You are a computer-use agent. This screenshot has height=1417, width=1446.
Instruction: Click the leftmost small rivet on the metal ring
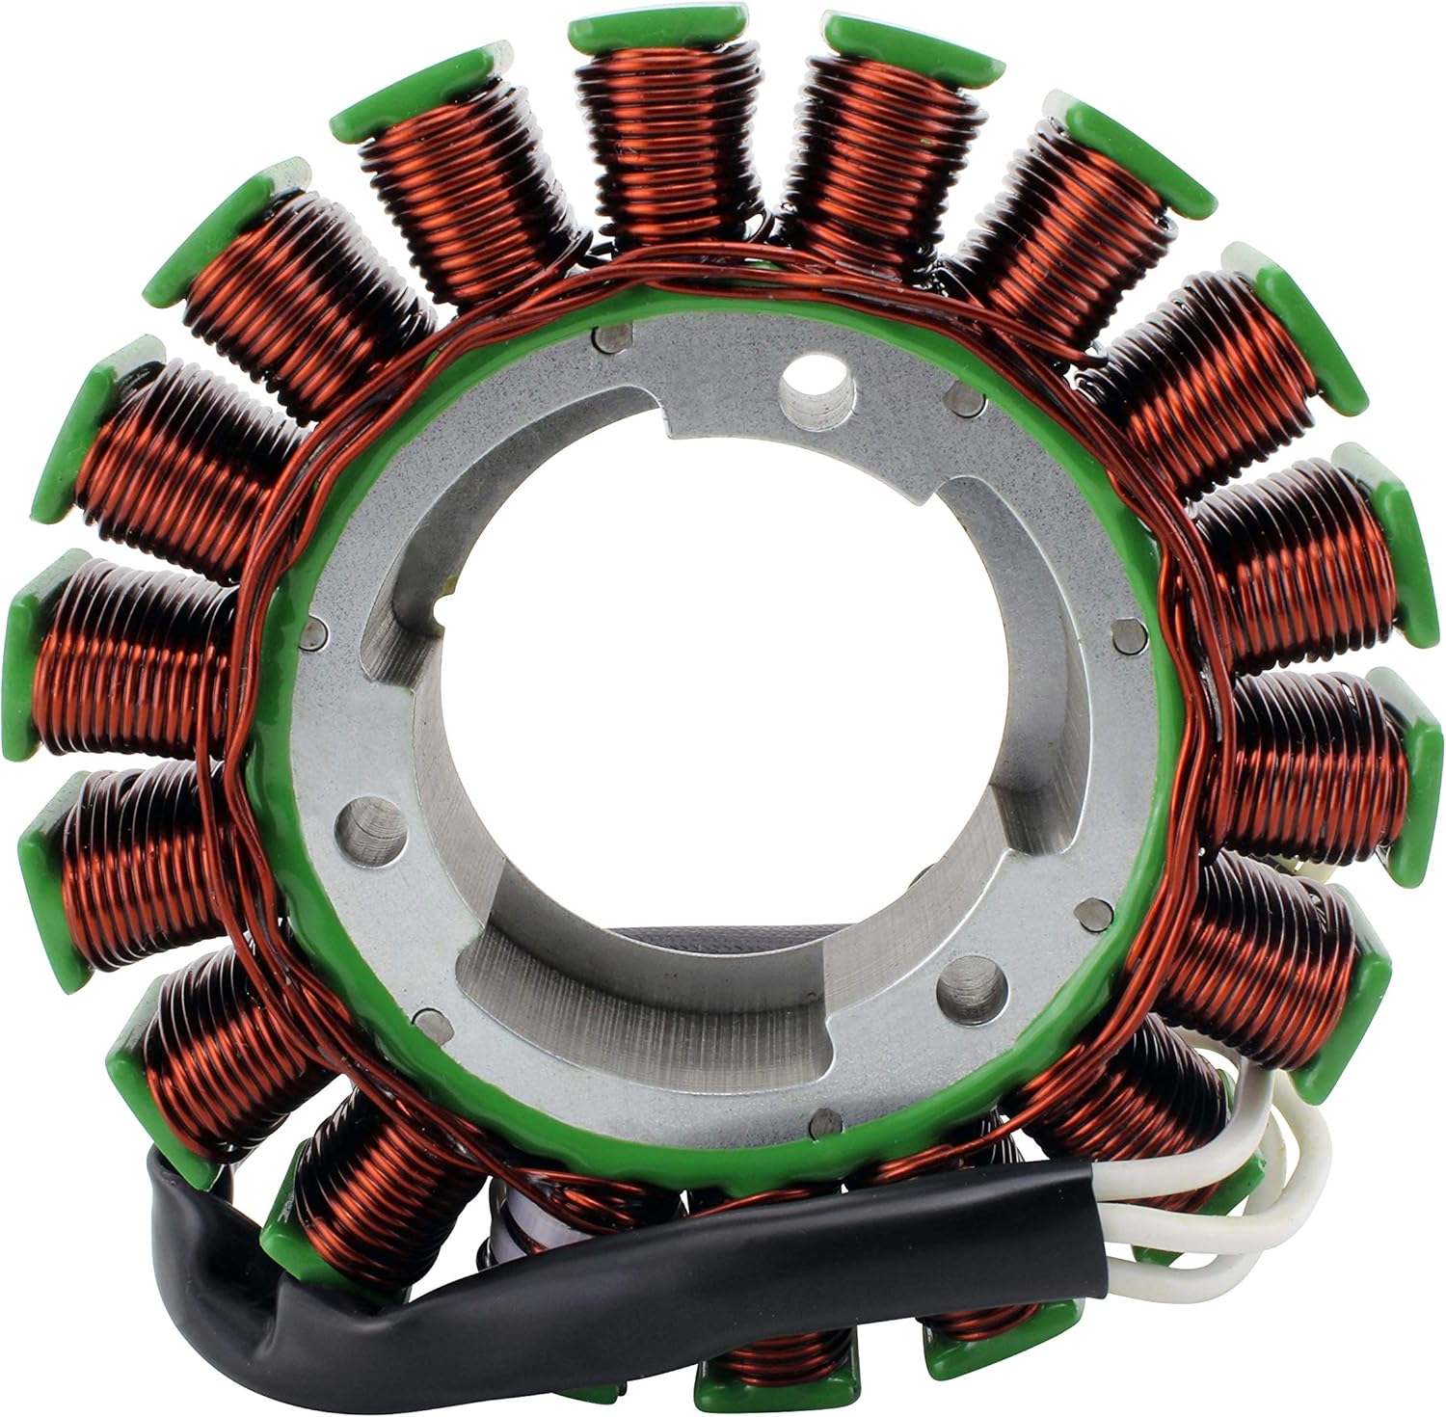[310, 633]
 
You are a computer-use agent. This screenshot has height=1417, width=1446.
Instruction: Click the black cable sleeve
[675, 1243]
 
